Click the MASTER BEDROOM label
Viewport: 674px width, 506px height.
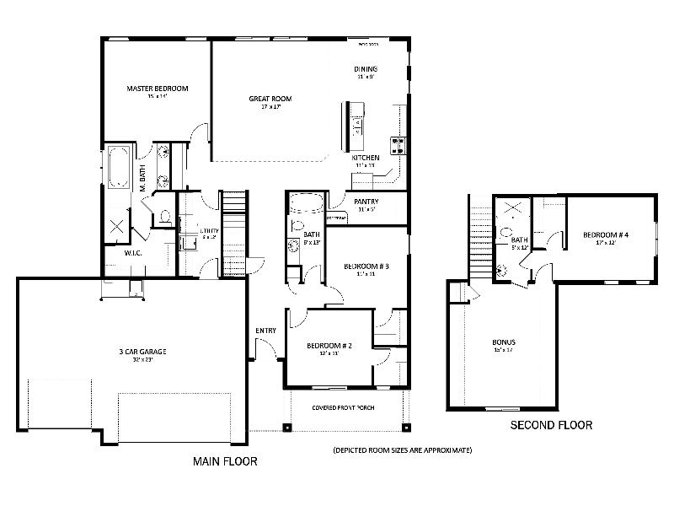(x=157, y=89)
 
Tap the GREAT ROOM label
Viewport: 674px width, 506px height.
(x=270, y=99)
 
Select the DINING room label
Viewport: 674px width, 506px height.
(x=365, y=69)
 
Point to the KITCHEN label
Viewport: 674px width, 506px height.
(x=365, y=158)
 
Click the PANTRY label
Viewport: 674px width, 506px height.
(x=366, y=202)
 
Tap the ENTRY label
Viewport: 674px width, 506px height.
(x=265, y=330)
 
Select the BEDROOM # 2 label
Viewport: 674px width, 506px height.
(x=329, y=346)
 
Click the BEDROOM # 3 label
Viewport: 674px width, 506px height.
(x=366, y=266)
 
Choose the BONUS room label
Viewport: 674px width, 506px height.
(x=504, y=342)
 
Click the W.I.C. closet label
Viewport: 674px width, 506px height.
(x=114, y=251)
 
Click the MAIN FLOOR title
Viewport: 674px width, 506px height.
(x=225, y=461)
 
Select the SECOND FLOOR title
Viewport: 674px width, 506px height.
(x=551, y=425)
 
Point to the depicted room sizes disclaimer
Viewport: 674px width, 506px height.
(x=402, y=450)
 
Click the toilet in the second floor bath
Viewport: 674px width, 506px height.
(x=505, y=232)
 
